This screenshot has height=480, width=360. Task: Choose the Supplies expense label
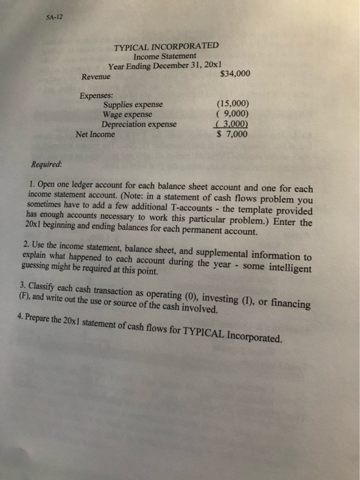click(134, 105)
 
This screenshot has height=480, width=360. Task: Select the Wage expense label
click(127, 115)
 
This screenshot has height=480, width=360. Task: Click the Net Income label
click(95, 135)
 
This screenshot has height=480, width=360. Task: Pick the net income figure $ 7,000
click(232, 134)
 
